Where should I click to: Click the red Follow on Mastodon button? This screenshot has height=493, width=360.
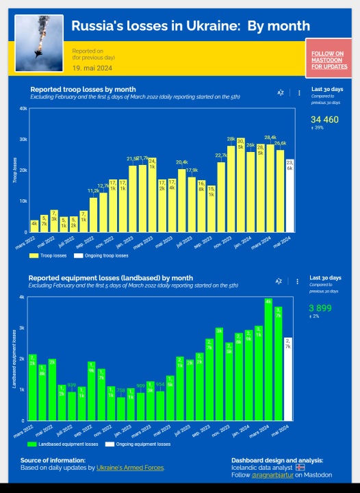point(327,60)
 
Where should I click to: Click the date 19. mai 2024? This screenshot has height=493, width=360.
point(91,68)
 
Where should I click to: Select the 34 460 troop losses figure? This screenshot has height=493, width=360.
point(324,120)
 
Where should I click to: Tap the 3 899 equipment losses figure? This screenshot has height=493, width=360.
point(320,308)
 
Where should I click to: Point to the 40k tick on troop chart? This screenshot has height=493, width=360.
point(23,108)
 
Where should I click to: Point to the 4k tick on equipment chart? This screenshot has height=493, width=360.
point(22,297)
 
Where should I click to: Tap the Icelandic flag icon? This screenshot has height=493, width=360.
point(300,467)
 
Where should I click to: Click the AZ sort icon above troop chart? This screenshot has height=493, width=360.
point(281,92)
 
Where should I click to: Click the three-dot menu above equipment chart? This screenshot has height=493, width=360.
point(297,281)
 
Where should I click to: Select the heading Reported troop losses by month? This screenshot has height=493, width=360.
point(83,89)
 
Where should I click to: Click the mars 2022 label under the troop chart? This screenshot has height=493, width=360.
point(26,242)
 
